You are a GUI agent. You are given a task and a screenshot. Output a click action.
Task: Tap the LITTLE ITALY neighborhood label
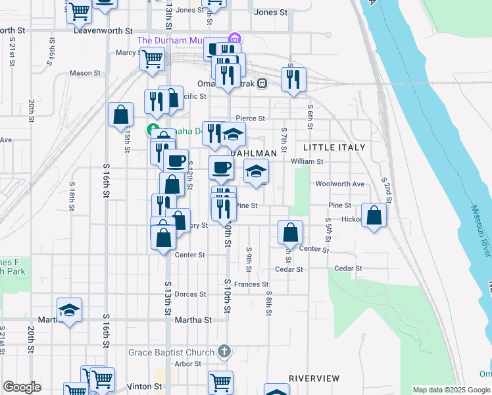tap(334, 147)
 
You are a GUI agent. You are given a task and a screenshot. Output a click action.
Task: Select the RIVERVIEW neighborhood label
tap(314, 378)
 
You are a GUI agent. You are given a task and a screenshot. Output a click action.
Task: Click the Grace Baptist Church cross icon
tap(224, 352)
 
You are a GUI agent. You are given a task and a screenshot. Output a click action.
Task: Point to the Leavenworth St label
tap(103, 30)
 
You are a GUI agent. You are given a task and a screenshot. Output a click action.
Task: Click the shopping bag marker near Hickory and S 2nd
tap(374, 216)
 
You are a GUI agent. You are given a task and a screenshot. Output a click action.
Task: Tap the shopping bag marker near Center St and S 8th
tap(290, 232)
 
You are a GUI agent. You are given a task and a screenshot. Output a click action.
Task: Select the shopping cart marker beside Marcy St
tap(152, 59)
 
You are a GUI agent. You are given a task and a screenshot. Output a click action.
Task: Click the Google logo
tap(22, 386)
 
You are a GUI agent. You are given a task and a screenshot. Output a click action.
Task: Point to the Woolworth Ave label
tap(340, 184)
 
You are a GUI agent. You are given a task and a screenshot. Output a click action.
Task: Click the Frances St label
tap(251, 284)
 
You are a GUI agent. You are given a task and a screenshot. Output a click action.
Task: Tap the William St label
tap(307, 161)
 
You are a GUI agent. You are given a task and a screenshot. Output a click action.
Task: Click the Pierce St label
tap(250, 118)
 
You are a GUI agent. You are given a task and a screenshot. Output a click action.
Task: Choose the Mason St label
tap(84, 73)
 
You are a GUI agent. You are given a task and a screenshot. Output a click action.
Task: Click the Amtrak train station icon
tap(262, 84)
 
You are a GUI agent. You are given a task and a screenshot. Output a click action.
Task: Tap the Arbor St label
tap(187, 363)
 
